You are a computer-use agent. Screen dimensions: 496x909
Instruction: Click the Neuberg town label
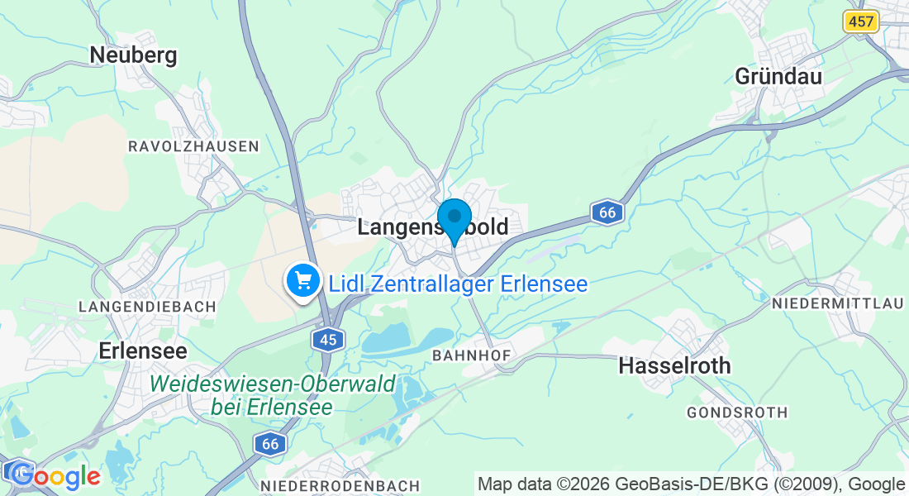pyautogui.click(x=133, y=55)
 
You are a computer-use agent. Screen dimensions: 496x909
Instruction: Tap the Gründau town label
pyautogui.click(x=778, y=76)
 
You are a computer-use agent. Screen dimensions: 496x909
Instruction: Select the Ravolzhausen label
pyautogui.click(x=193, y=146)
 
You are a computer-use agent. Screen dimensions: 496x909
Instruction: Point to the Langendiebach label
pyautogui.click(x=147, y=306)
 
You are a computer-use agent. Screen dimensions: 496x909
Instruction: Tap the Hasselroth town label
pyautogui.click(x=674, y=365)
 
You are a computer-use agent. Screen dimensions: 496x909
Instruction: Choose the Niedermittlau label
pyautogui.click(x=837, y=304)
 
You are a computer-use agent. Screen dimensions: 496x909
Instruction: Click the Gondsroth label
pyautogui.click(x=737, y=412)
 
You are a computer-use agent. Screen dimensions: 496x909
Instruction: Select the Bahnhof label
pyautogui.click(x=472, y=355)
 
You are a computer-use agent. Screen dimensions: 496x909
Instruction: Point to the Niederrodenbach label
pyautogui.click(x=340, y=485)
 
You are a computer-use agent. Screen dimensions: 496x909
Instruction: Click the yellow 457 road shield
pyautogui.click(x=860, y=21)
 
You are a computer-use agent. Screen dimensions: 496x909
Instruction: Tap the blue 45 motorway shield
pyautogui.click(x=328, y=339)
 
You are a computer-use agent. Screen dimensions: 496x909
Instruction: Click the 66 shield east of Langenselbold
pyautogui.click(x=607, y=212)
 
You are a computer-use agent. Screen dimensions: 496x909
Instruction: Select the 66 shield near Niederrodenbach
pyautogui.click(x=269, y=443)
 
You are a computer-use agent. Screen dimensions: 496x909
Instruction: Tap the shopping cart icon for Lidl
pyautogui.click(x=303, y=282)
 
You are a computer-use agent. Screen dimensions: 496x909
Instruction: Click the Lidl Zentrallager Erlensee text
pyautogui.click(x=458, y=284)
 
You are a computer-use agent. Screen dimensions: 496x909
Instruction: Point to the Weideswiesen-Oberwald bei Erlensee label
pyautogui.click(x=273, y=395)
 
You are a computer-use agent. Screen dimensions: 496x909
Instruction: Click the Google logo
pyautogui.click(x=55, y=475)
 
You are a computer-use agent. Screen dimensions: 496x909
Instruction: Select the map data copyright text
pyautogui.click(x=691, y=484)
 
